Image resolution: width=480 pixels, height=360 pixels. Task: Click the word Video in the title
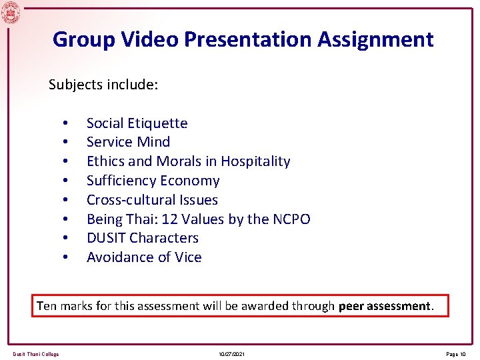pos(151,39)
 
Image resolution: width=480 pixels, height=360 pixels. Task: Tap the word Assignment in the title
pos(375,39)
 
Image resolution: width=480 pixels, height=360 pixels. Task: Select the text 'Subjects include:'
pos(103,85)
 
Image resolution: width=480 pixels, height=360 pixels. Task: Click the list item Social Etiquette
pos(137,123)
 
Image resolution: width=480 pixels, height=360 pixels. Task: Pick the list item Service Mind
pos(128,142)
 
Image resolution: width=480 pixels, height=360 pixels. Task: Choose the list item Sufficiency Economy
pos(153,181)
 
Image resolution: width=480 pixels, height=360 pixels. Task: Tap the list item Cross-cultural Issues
pos(152,200)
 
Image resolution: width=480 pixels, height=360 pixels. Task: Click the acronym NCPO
pos(291,219)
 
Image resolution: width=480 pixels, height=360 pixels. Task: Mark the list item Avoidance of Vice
pos(144,257)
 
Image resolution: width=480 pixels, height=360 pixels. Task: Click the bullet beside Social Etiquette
pos(65,123)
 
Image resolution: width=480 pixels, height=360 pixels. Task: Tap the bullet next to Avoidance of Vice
pos(65,258)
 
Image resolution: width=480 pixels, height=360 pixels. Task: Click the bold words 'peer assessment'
pos(385,306)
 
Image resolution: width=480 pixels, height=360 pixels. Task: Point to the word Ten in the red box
pos(47,306)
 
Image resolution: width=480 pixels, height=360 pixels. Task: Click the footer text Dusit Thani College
pos(36,354)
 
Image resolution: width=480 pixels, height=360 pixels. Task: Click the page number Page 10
pos(456,354)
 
